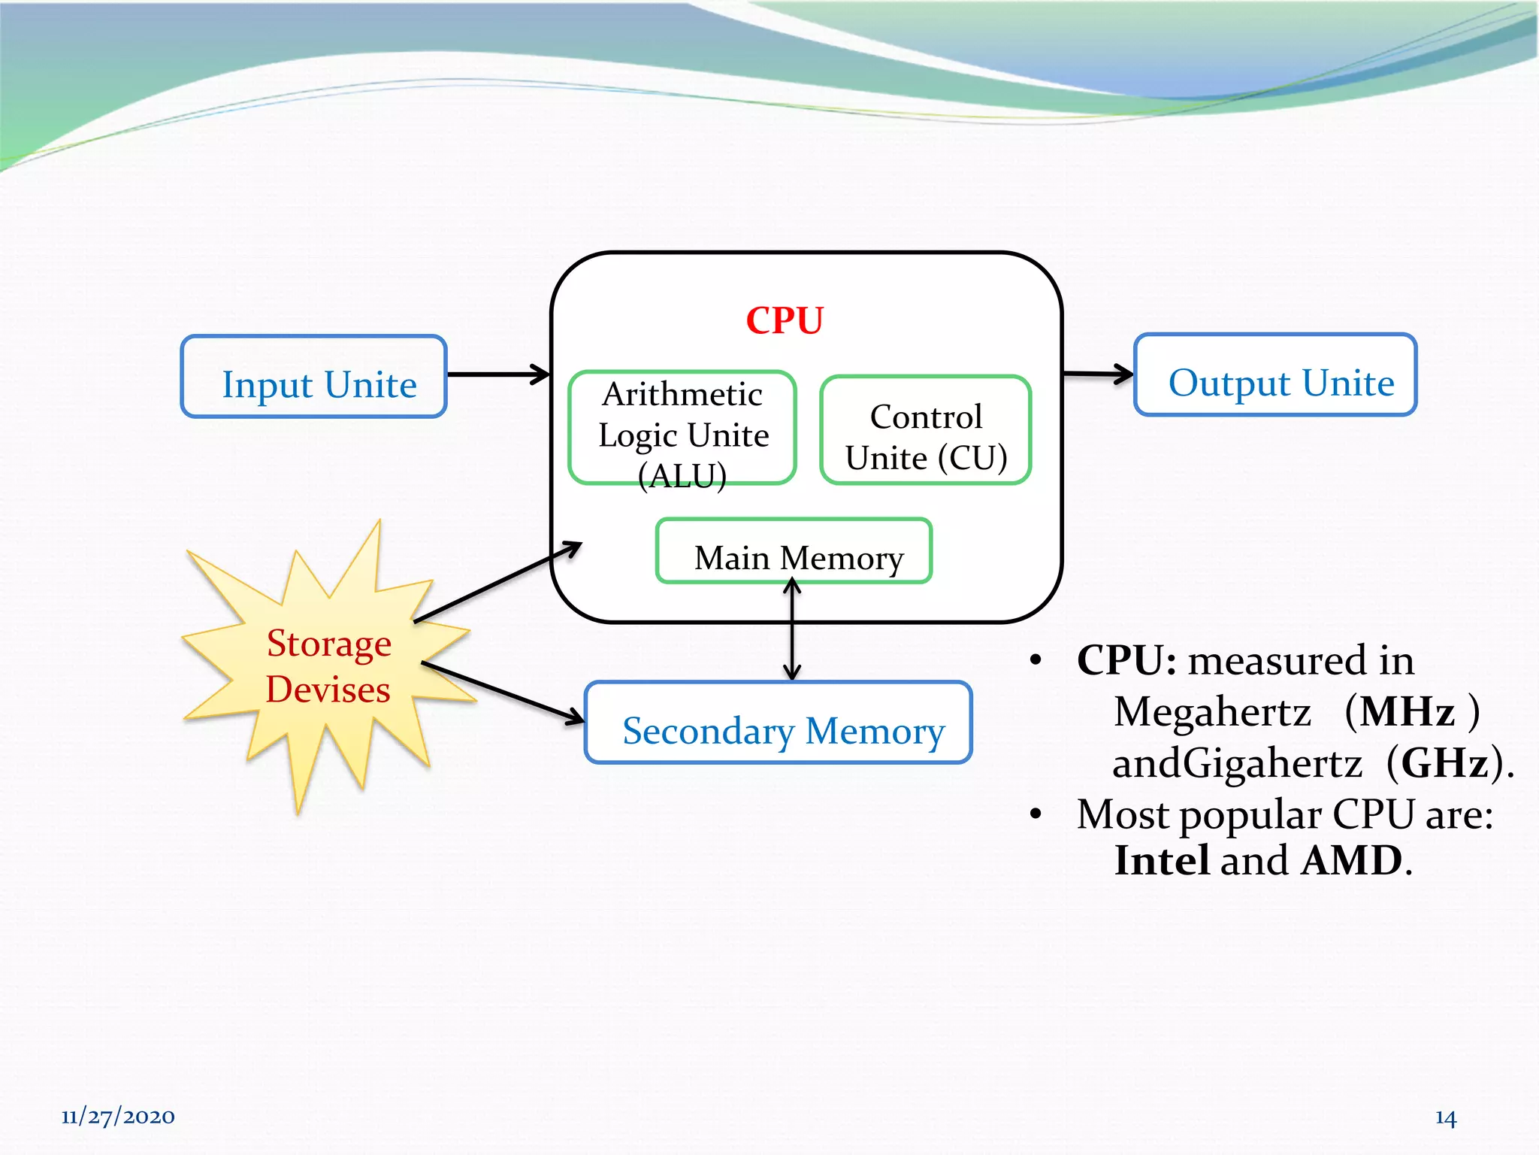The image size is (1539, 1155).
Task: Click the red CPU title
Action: point(784,321)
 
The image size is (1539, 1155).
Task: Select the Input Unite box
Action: point(314,377)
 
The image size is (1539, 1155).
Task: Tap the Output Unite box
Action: point(1275,375)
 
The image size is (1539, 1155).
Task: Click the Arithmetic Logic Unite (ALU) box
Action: point(682,428)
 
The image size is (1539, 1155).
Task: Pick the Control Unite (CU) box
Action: point(925,430)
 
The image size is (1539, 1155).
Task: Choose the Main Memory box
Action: point(794,551)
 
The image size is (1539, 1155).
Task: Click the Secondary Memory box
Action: point(779,723)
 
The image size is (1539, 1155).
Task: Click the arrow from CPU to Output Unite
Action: point(1097,373)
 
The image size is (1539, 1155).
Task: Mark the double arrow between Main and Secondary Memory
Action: point(792,632)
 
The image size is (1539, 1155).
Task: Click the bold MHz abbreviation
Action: point(1407,711)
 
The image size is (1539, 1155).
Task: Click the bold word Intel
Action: point(1162,860)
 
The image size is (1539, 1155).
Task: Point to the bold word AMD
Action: point(1351,860)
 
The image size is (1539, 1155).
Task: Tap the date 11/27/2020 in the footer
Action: point(118,1117)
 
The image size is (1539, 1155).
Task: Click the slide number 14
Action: point(1445,1118)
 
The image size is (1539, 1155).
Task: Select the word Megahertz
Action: point(1212,712)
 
